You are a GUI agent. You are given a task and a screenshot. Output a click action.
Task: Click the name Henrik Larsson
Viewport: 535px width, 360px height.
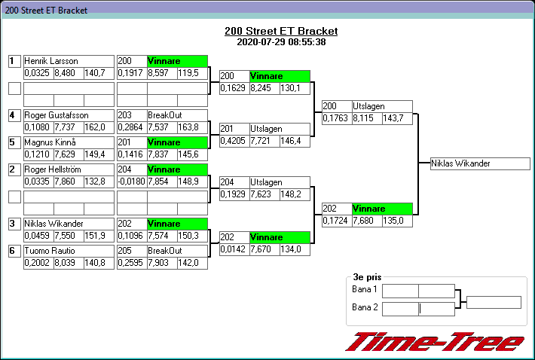51,61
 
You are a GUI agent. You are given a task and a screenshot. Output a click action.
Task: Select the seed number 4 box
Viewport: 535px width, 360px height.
14,115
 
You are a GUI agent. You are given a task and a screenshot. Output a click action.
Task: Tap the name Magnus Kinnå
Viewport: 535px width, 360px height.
50,142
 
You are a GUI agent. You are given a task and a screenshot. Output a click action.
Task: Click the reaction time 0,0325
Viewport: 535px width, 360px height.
37,73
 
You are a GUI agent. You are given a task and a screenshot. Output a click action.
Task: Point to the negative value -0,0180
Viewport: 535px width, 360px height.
132,182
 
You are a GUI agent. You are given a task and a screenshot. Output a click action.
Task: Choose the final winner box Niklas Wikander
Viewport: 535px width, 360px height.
480,163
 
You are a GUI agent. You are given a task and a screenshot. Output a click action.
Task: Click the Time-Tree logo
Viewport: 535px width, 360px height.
435,342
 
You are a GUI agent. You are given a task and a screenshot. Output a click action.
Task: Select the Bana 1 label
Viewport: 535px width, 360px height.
365,289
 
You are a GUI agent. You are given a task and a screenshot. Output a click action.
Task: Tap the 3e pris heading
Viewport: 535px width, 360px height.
367,277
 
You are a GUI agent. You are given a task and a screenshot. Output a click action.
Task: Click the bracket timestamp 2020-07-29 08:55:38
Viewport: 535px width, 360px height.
281,42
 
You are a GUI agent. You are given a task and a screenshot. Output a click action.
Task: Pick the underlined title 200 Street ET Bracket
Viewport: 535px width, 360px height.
281,31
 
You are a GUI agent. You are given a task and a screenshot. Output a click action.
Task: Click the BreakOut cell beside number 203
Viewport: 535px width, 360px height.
177,115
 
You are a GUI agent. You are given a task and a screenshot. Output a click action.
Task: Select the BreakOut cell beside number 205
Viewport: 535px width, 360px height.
177,251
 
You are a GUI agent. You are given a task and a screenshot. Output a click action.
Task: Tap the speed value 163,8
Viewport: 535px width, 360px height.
188,127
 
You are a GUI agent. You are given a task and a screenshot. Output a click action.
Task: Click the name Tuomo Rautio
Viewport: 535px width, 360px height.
50,251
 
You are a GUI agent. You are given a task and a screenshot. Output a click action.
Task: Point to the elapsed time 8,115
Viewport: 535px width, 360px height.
363,118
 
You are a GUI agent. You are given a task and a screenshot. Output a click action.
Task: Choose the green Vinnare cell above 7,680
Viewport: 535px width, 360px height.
382,209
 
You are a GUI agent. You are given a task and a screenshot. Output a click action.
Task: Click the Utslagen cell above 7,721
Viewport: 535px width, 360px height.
280,129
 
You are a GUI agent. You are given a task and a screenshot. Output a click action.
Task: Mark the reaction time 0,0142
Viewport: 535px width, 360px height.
233,249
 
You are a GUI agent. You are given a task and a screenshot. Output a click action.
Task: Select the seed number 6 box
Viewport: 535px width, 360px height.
14,251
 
